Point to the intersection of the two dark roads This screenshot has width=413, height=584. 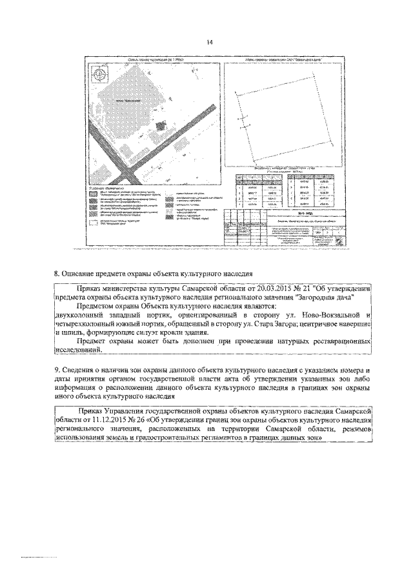coord(125,173)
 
